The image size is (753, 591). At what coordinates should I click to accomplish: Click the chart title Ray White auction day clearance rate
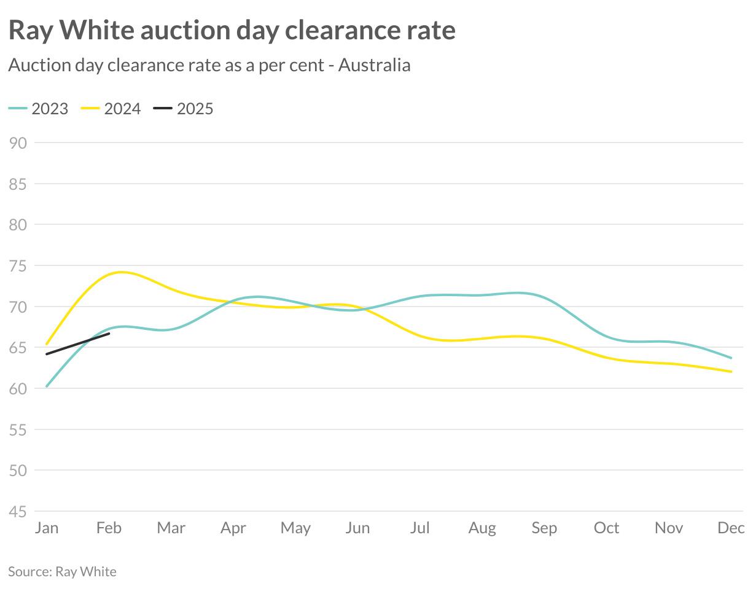tap(232, 30)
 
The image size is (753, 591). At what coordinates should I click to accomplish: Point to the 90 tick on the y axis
tap(18, 143)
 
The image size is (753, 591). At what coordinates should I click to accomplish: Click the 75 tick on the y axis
tap(18, 265)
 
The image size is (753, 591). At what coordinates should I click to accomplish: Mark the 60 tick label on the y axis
tap(18, 388)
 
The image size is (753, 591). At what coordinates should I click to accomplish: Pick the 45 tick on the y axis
tap(18, 511)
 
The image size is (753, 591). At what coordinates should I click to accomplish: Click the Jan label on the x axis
tap(47, 528)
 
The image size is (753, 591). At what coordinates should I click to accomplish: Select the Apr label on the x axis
tap(233, 528)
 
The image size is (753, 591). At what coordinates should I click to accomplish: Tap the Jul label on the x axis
tap(420, 528)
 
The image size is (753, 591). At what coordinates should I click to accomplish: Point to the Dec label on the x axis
tap(731, 528)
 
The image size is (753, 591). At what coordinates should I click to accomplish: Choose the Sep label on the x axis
tap(544, 528)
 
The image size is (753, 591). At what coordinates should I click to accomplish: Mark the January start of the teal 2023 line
tap(47, 386)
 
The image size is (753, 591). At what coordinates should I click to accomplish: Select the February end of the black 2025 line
tap(109, 334)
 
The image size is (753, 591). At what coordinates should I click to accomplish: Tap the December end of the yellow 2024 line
tap(731, 372)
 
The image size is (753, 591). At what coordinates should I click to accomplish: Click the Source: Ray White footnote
tap(62, 571)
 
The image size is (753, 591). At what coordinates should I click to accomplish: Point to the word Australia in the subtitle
tap(374, 65)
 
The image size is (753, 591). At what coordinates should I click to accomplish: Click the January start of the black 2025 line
tap(47, 354)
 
